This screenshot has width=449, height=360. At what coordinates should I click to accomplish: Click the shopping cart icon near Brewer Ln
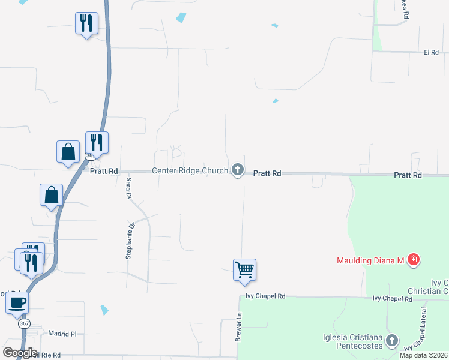pyautogui.click(x=245, y=269)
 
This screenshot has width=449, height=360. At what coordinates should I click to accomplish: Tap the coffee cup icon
pyautogui.click(x=17, y=302)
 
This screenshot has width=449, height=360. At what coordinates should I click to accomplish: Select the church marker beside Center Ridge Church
pyautogui.click(x=238, y=170)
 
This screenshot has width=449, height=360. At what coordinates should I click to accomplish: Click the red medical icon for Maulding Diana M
pyautogui.click(x=413, y=260)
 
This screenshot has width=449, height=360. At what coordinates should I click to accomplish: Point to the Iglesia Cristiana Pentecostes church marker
pyautogui.click(x=391, y=340)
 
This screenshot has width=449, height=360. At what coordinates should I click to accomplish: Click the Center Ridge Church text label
pyautogui.click(x=190, y=171)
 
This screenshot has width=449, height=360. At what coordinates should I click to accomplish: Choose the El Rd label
pyautogui.click(x=432, y=53)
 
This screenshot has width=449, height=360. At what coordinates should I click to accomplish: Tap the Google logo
pyautogui.click(x=20, y=352)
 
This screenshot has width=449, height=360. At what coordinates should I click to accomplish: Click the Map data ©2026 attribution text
pyautogui.click(x=423, y=355)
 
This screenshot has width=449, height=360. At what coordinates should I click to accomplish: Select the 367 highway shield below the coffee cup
pyautogui.click(x=24, y=323)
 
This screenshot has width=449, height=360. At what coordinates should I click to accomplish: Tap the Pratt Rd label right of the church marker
pyautogui.click(x=267, y=173)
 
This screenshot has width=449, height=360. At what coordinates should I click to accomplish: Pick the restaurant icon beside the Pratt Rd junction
pyautogui.click(x=97, y=143)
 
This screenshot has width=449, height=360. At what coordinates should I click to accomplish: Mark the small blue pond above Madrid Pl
pyautogui.click(x=105, y=310)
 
